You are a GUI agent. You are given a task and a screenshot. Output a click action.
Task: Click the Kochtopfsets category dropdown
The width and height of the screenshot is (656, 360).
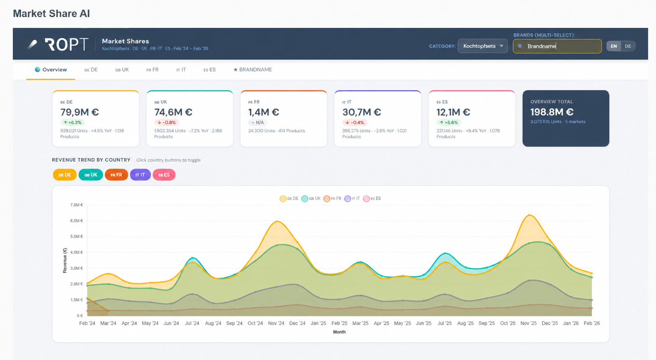pos(483,46)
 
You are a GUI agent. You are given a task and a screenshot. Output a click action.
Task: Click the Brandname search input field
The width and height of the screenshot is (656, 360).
pos(557,46)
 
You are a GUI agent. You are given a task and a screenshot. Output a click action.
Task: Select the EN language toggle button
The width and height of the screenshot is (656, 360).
pos(613,46)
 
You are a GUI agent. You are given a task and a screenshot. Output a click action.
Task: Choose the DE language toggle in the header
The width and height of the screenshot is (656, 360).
pos(628,46)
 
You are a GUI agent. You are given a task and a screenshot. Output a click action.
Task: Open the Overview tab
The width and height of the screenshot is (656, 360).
pos(51,70)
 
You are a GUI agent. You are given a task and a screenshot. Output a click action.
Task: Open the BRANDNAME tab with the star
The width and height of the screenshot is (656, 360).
pos(253,70)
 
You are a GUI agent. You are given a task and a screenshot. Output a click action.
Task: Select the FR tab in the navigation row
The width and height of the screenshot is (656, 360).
pos(152,70)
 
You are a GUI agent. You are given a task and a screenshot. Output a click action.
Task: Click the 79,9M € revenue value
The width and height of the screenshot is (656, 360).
pos(80,112)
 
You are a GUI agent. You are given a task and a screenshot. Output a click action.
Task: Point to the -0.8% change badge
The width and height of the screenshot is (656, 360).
pos(167,122)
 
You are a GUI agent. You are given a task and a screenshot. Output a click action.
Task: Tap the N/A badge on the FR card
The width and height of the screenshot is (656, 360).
pos(258,122)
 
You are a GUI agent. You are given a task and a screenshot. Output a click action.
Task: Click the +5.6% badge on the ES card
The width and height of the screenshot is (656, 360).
pos(449,122)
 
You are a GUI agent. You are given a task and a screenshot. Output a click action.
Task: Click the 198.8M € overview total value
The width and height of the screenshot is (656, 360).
pos(552,112)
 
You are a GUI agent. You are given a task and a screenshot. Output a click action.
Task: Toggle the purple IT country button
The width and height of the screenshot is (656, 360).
pos(140,175)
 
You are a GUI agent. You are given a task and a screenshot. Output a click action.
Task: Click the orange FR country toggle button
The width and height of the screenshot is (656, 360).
pos(116,175)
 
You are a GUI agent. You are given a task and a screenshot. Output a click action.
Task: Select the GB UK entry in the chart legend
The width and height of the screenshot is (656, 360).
pos(311,198)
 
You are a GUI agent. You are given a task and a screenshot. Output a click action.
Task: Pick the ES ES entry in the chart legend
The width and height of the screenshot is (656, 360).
pos(372,198)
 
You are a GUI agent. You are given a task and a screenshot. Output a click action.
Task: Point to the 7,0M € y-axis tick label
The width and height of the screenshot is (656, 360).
pos(76,205)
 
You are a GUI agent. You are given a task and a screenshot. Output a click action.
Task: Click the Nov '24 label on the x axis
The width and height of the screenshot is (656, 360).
pos(276,324)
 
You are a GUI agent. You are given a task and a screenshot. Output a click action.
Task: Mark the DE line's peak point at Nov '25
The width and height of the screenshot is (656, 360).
pos(529,215)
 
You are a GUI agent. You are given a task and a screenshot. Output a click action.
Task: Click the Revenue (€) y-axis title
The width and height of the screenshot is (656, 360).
pos(65,261)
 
